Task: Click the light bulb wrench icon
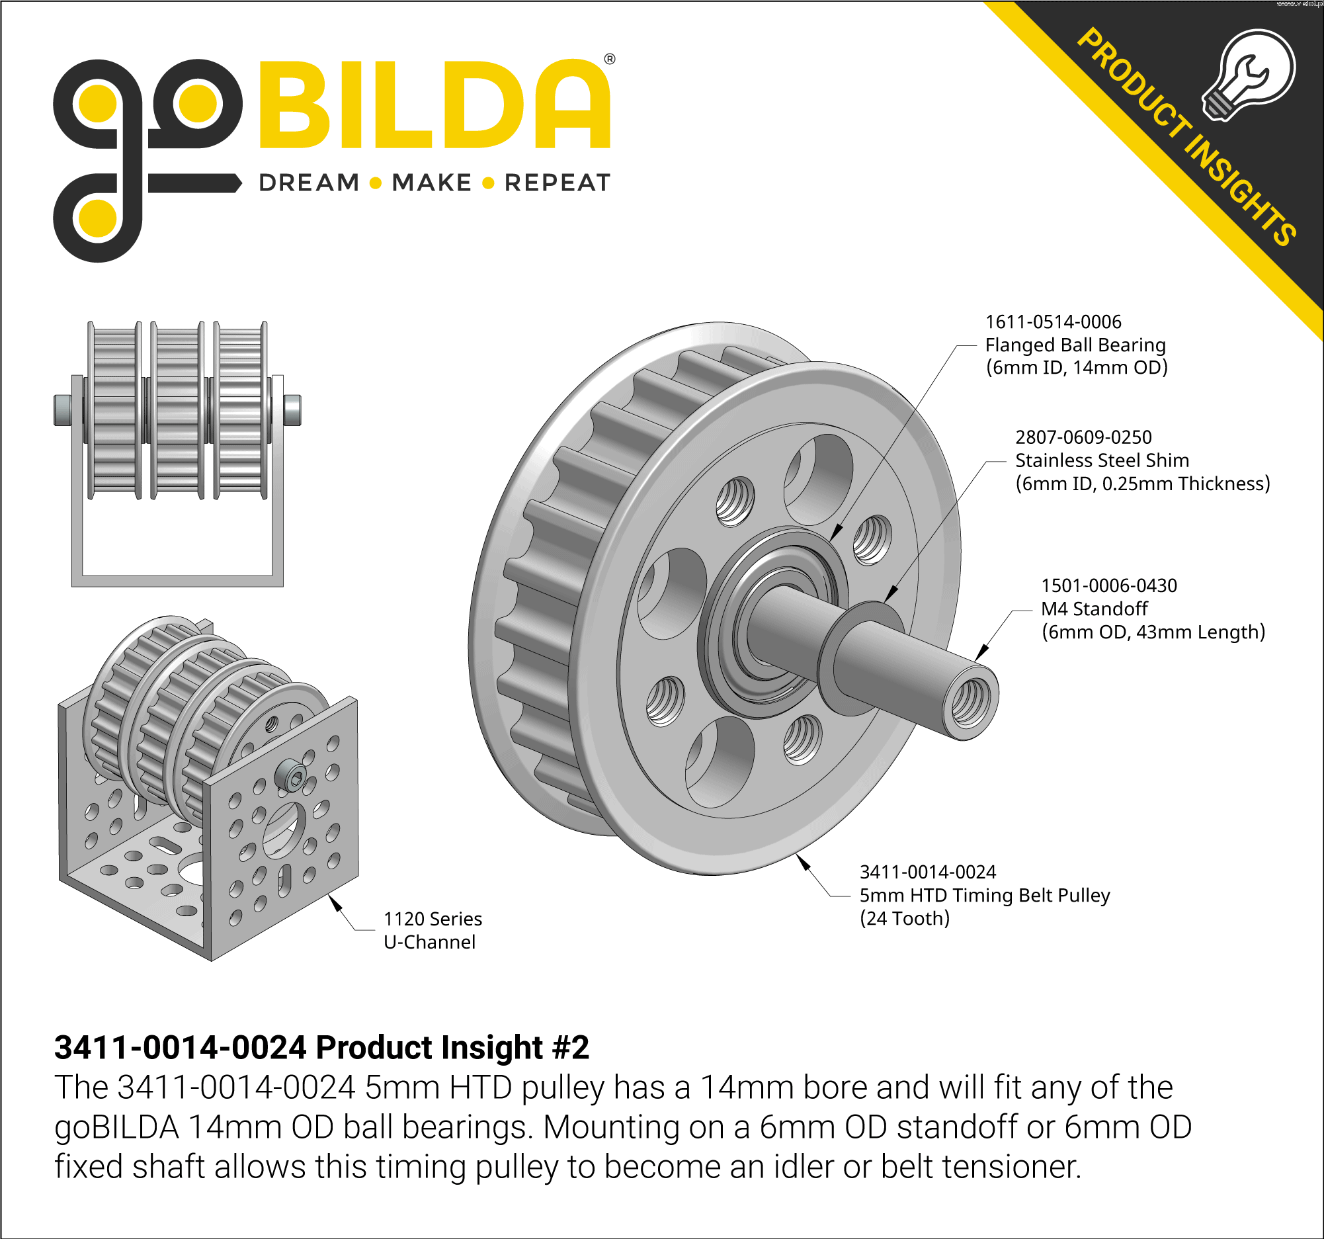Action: [1249, 75]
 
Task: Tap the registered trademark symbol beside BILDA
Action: [609, 59]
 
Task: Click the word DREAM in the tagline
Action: [309, 183]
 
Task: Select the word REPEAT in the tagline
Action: [558, 183]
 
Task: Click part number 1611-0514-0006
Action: [1053, 321]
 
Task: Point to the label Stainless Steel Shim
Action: [1102, 460]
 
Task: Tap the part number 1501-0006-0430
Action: [1109, 585]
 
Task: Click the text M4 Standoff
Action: [1095, 609]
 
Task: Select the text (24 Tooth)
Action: [905, 919]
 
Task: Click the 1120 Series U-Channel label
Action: [433, 931]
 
